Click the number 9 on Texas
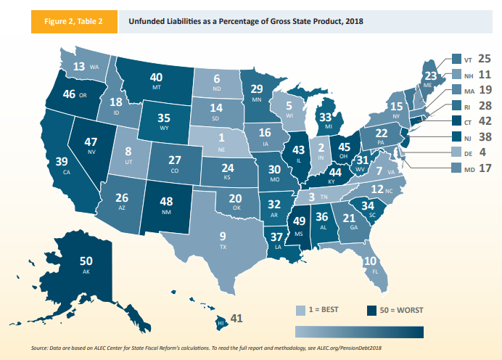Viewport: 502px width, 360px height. point(223,236)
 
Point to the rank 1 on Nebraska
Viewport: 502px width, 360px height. point(222,138)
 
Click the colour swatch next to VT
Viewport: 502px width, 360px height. point(456,58)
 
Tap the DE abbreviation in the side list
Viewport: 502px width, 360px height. point(469,154)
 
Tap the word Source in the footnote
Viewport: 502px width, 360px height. point(41,349)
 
